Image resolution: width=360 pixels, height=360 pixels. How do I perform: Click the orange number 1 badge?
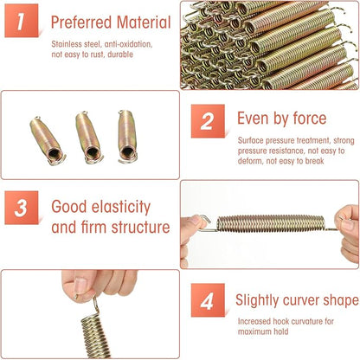coord(22,22)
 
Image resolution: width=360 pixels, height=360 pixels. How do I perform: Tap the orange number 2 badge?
coord(207,121)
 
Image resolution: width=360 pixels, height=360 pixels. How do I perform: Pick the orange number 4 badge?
coord(206,300)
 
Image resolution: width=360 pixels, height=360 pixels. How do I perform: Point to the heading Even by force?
coord(281,119)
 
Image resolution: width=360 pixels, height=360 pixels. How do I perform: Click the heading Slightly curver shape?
coord(297,300)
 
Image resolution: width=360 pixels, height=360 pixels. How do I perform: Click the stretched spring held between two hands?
coord(270,223)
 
